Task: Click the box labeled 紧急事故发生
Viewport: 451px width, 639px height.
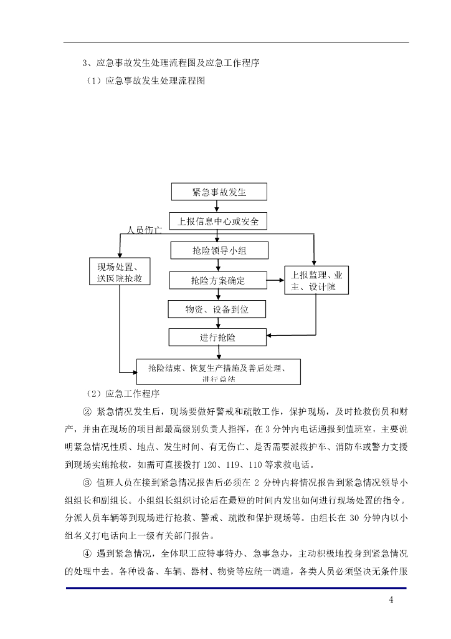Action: coord(218,192)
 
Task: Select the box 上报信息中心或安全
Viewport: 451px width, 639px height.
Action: coord(218,222)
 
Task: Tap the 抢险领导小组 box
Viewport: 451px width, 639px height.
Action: coord(218,251)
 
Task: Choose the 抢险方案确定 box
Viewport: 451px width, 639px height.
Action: coord(218,280)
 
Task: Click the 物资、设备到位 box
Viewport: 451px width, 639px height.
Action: coord(217,309)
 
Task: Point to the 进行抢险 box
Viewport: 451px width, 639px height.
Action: coord(218,338)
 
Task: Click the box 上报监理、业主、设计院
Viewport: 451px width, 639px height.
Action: coord(316,280)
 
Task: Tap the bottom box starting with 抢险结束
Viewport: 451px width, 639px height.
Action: coord(218,371)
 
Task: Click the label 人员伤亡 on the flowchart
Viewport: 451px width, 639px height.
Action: coord(145,231)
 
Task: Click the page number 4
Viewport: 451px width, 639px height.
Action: coord(391,600)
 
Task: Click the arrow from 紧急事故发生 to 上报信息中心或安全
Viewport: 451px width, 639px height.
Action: coord(217,207)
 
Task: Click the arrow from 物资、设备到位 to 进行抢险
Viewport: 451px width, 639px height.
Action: coord(217,323)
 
